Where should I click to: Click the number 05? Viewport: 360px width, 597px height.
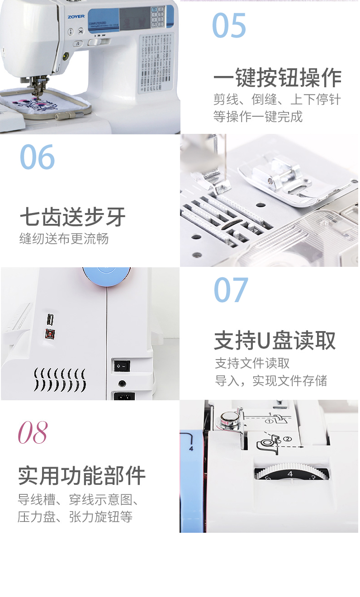229,25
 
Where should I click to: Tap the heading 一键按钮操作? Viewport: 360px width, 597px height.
277,78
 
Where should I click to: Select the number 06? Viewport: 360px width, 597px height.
37,157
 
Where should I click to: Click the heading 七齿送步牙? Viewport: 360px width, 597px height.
72,217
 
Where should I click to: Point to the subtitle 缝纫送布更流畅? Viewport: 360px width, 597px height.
64,238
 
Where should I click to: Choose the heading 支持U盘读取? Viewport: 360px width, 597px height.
275,341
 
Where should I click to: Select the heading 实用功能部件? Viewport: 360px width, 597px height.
82,475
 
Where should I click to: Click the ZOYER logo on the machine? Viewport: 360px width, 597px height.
76,17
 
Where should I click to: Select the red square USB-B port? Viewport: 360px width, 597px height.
49,334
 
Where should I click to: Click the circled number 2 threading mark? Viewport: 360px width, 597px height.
288,439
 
